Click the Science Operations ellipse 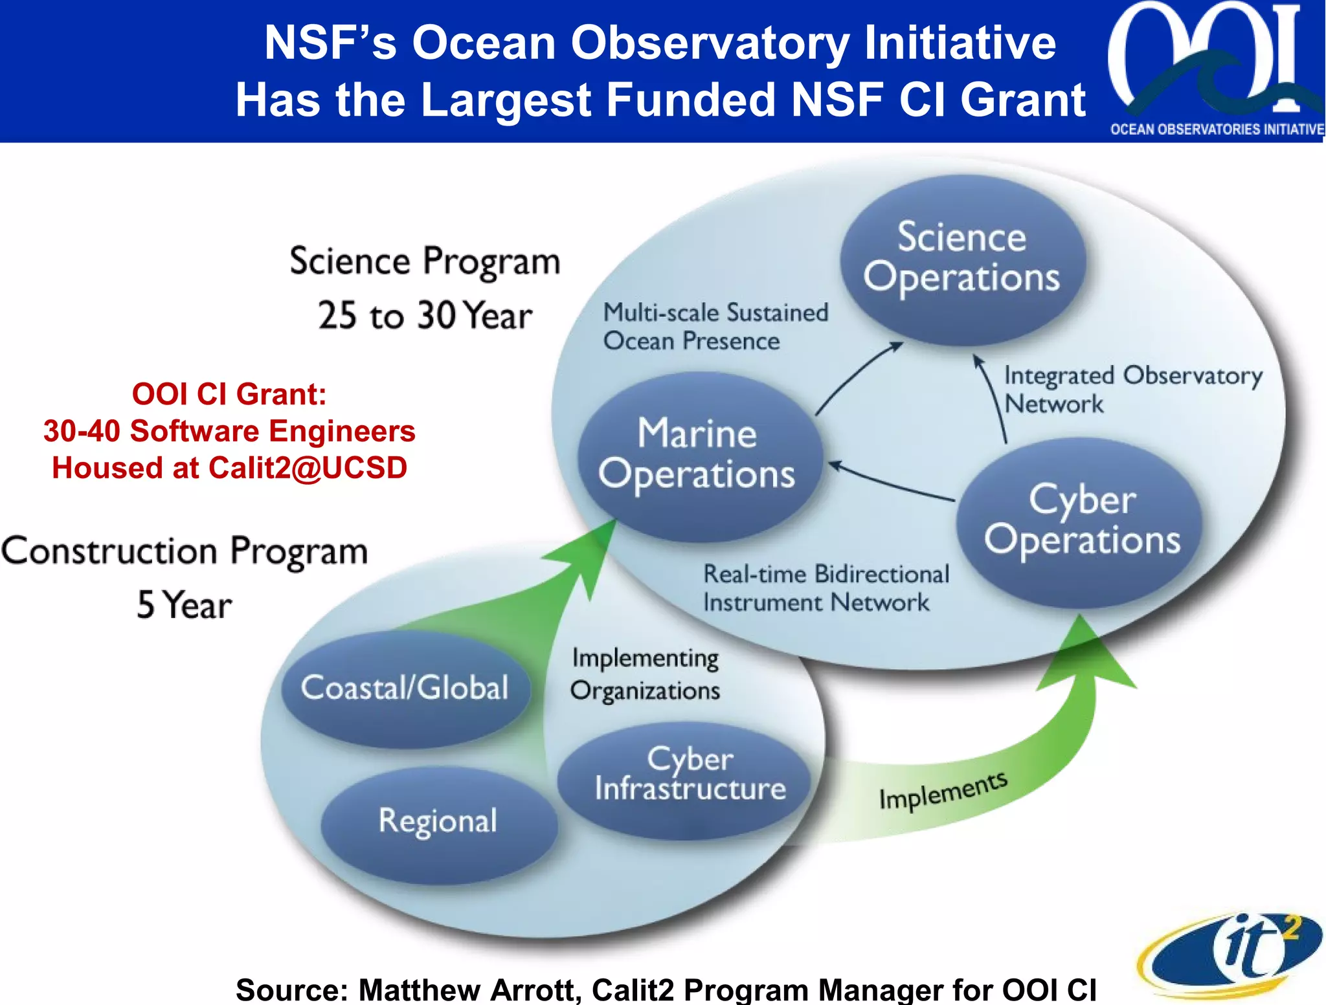point(962,259)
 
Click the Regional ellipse point(438,822)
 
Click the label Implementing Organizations point(645,674)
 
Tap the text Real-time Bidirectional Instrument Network point(825,588)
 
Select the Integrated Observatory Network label point(1132,389)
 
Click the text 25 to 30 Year point(425,316)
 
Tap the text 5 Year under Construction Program point(184,606)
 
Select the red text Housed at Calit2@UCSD point(229,468)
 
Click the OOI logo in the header point(1215,68)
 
